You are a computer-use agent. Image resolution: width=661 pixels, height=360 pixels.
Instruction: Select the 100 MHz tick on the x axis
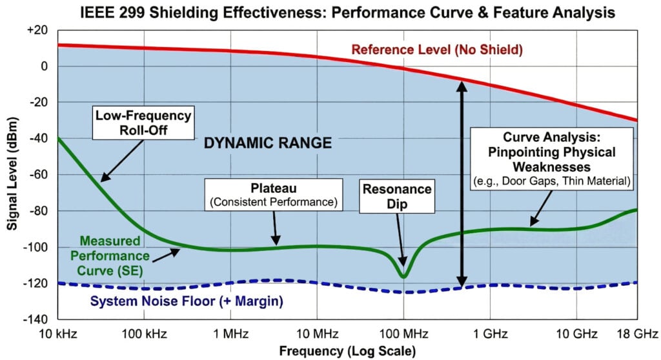403,334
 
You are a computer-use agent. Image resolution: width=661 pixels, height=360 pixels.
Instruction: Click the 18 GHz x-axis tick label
636,334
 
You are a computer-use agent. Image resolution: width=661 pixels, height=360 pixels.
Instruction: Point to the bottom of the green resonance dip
403,277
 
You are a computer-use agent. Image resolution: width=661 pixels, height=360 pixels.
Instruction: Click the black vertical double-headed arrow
462,187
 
